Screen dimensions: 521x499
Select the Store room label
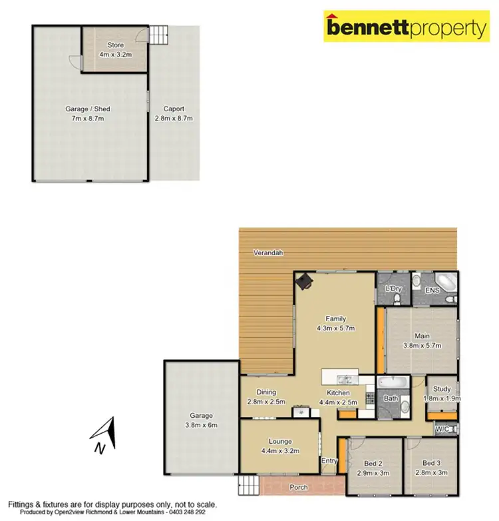click(115, 45)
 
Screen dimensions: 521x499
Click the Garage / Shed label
click(88, 109)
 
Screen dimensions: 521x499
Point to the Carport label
click(174, 109)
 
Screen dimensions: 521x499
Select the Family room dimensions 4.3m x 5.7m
click(336, 328)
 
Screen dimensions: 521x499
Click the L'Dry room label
click(393, 288)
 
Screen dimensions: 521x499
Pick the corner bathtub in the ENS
click(444, 282)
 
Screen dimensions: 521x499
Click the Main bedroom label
click(422, 336)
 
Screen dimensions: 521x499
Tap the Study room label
click(442, 389)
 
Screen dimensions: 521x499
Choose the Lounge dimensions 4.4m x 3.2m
click(280, 450)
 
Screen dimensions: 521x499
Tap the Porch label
click(299, 488)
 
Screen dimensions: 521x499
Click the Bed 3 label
click(432, 464)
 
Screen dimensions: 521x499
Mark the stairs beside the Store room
click(158, 33)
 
